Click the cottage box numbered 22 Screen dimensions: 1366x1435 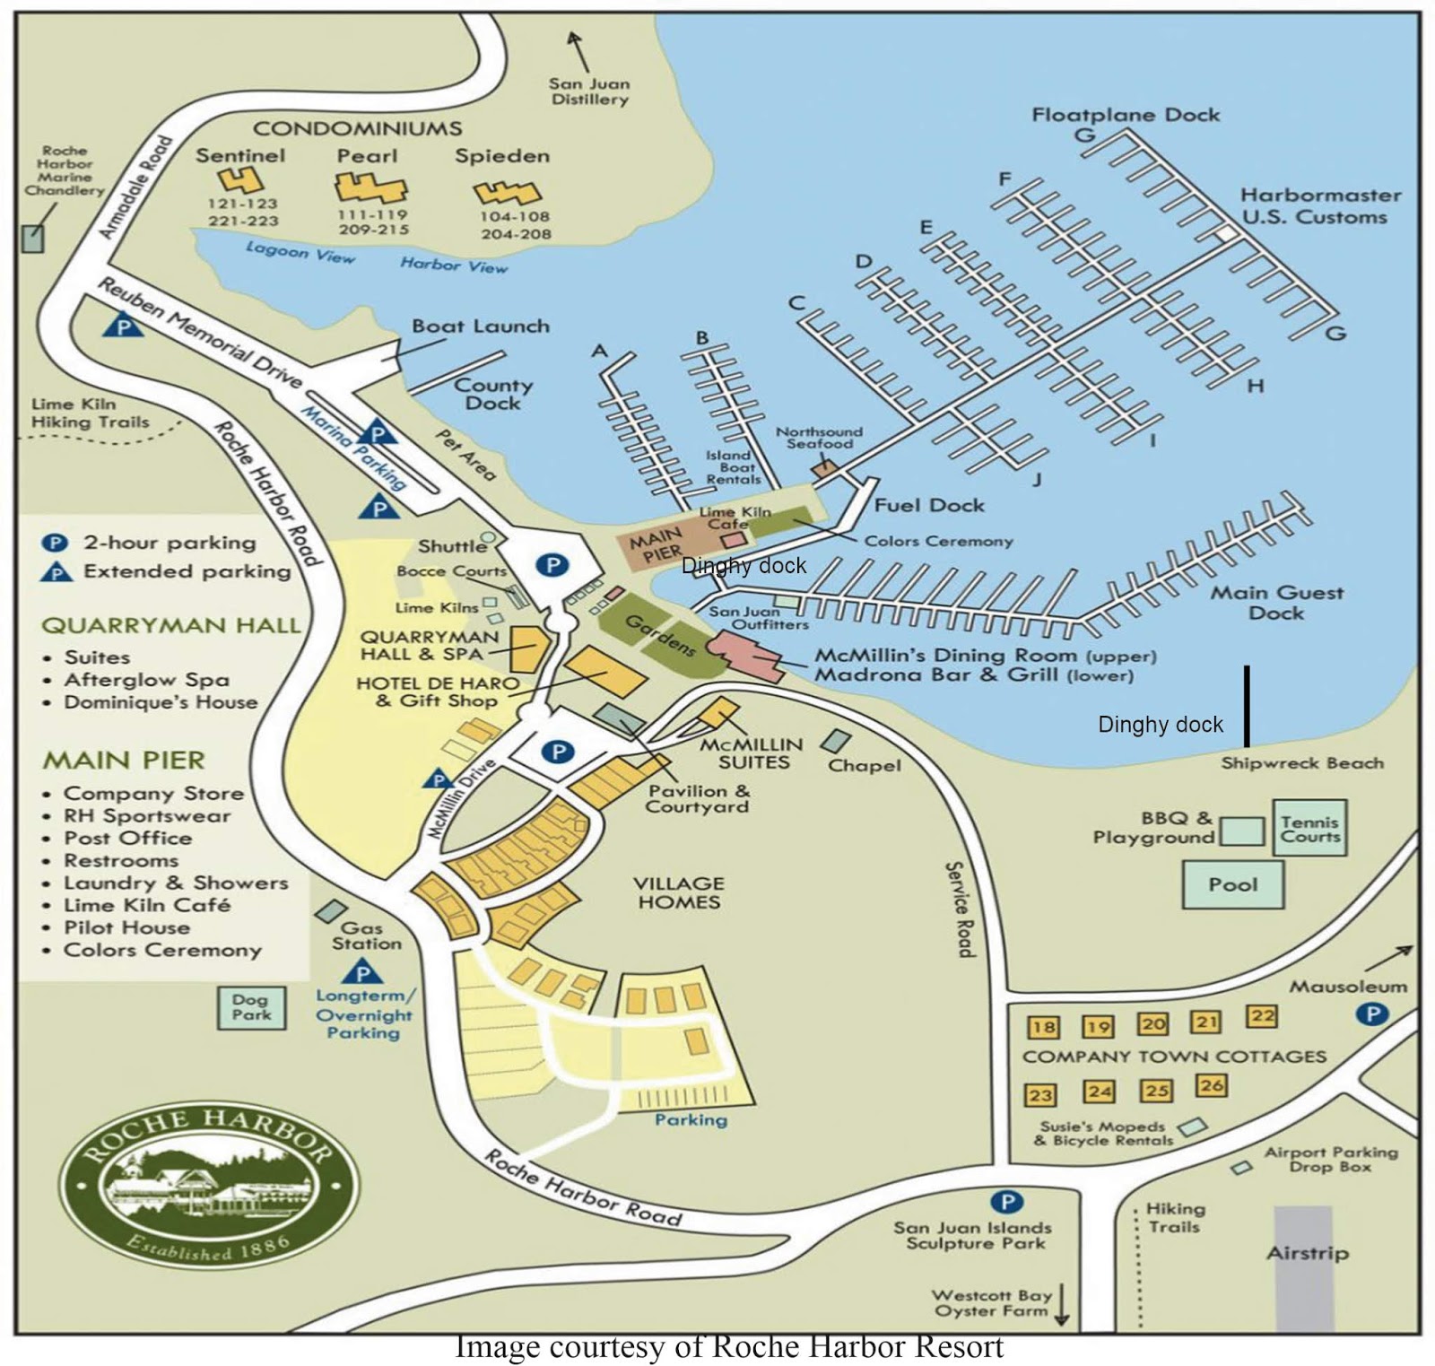(x=1261, y=1016)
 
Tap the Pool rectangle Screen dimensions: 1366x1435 (x=1233, y=884)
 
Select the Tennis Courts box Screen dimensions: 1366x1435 (x=1309, y=828)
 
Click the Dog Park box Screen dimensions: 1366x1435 (x=251, y=1007)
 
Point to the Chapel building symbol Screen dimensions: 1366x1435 (x=837, y=741)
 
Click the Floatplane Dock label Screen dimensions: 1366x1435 (x=1126, y=115)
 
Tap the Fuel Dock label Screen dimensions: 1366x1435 (x=929, y=506)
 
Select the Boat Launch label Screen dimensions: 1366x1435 (x=481, y=326)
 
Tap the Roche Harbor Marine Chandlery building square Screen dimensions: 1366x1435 (x=32, y=238)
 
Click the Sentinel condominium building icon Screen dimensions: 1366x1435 (x=240, y=180)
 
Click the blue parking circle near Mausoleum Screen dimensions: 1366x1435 (x=1372, y=1014)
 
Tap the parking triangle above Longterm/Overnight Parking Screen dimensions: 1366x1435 (x=362, y=971)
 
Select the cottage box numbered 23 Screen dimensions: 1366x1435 (x=1040, y=1094)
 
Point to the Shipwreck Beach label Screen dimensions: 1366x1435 (x=1301, y=763)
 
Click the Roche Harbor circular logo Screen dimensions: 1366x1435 (x=208, y=1186)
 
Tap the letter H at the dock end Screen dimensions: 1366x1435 (x=1256, y=386)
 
